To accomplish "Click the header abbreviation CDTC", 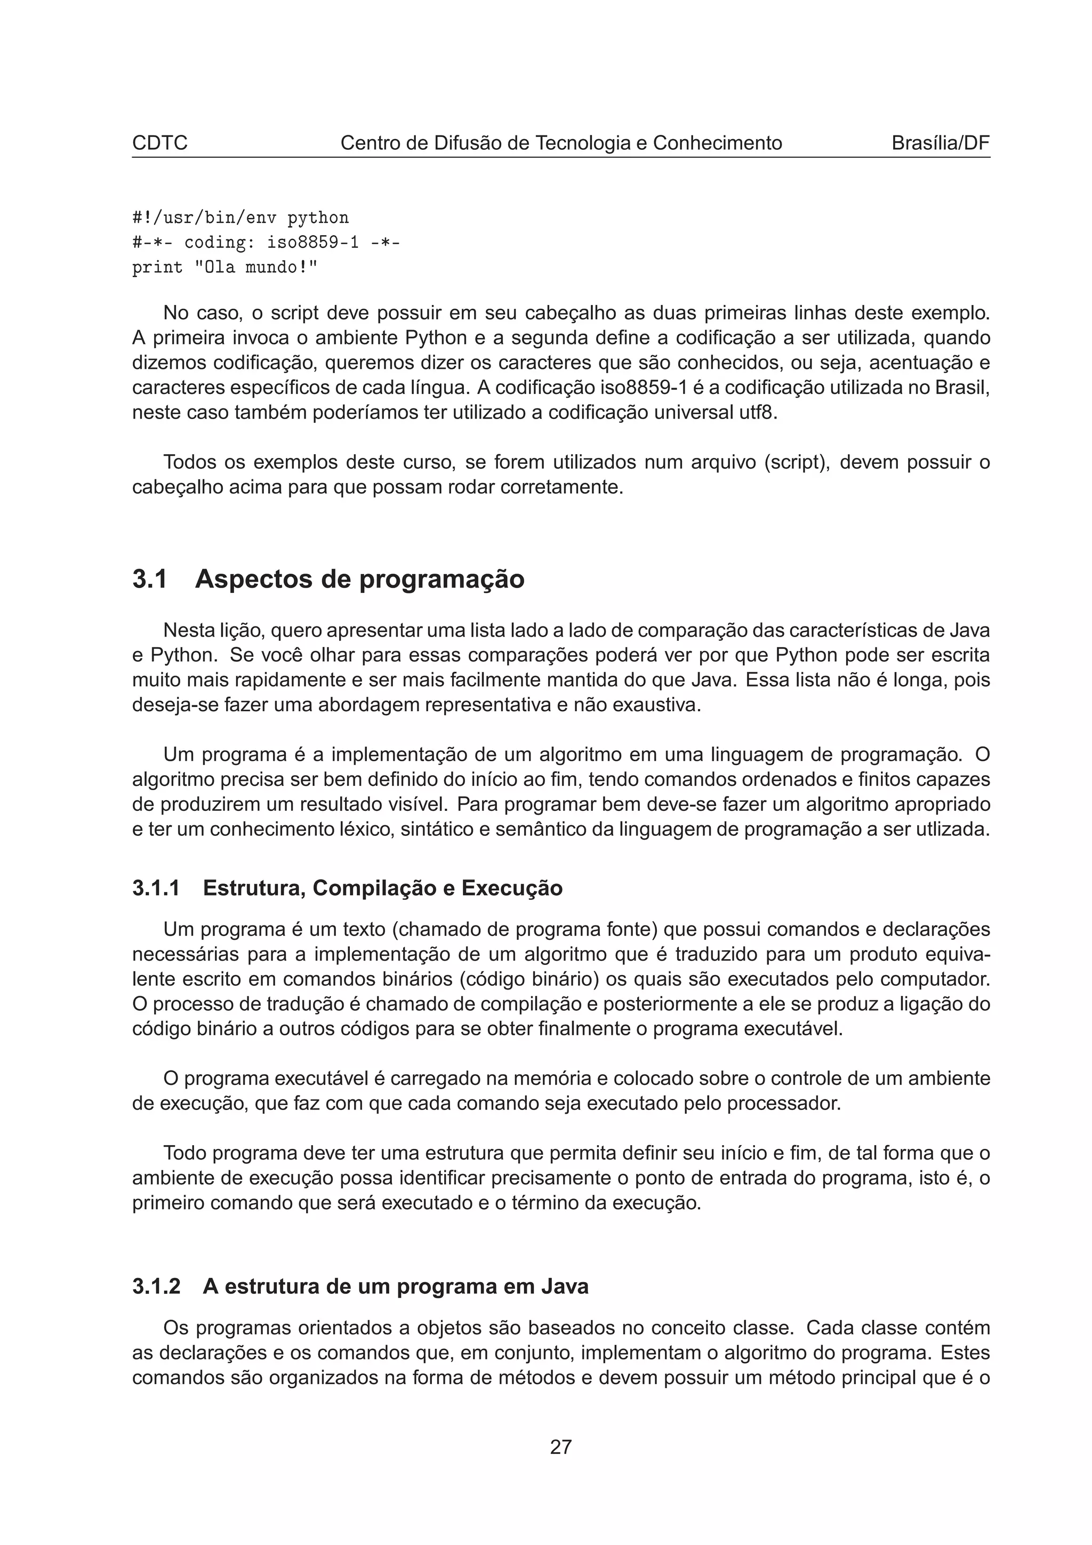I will click(x=159, y=143).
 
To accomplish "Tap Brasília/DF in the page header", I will click(x=940, y=143).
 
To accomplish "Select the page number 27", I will click(x=560, y=1447).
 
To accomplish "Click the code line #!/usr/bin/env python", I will click(x=240, y=218).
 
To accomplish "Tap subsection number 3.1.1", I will click(x=156, y=888).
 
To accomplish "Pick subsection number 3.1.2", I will click(x=156, y=1286).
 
